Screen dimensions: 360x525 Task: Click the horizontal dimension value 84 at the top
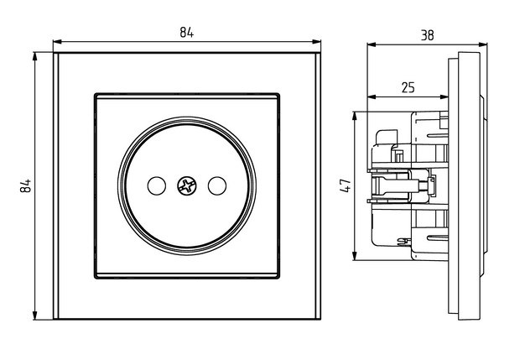tap(186, 33)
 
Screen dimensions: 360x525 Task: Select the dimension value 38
tap(428, 35)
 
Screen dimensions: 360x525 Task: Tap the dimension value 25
tap(408, 86)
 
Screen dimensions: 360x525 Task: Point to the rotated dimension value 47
tap(345, 185)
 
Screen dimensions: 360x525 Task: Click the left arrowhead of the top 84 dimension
tap(57, 41)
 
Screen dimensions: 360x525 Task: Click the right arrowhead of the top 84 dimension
tap(318, 41)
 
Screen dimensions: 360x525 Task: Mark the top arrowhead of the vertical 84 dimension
tap(35, 56)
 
